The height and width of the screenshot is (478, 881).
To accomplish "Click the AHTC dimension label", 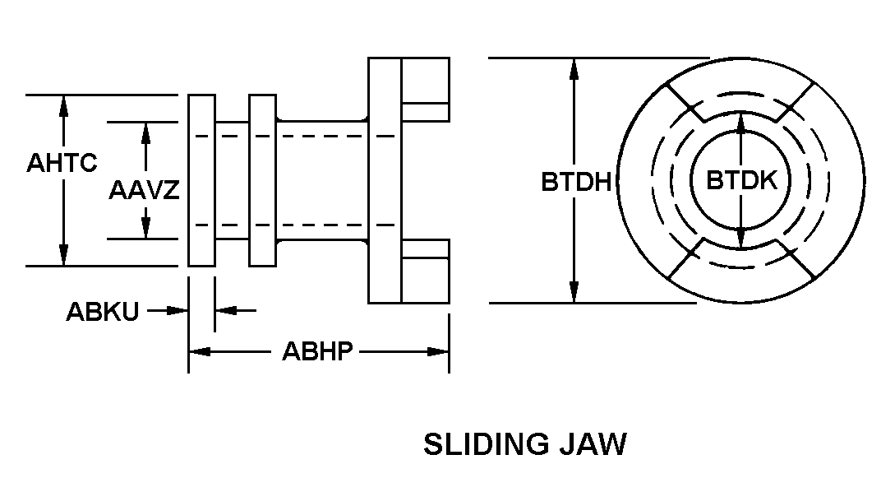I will click(62, 162).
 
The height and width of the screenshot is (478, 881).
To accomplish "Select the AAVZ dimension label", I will click(144, 191).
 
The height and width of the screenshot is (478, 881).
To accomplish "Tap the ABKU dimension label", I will click(103, 312).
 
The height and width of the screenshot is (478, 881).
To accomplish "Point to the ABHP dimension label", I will click(317, 352).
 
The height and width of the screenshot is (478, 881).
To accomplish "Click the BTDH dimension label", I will click(576, 181).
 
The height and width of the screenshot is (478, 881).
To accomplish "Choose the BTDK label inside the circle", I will click(741, 181).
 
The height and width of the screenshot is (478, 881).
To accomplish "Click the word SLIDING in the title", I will click(485, 444).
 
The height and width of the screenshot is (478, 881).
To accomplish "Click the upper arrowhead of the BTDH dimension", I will click(574, 68).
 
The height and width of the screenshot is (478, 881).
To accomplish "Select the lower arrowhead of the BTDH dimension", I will click(574, 293).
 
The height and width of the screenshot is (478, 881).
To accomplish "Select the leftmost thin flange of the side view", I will click(201, 180).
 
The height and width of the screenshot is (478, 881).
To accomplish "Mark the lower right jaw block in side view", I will click(425, 271).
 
